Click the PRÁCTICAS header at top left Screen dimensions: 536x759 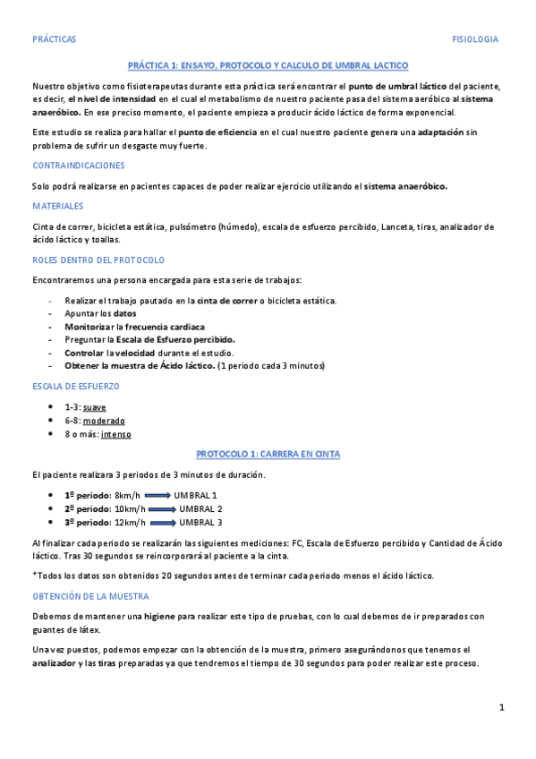[54, 39]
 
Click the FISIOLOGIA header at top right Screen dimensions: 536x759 [476, 39]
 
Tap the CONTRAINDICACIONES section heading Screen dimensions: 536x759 [78, 166]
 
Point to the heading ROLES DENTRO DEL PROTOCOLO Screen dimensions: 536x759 [98, 260]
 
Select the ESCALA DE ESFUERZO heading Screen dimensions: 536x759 [76, 387]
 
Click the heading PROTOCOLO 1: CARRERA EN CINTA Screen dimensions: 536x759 [268, 454]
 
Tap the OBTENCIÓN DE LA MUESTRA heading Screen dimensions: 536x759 [90, 595]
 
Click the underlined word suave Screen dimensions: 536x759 [94, 407]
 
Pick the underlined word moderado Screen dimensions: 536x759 [104, 421]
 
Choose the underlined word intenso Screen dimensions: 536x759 [115, 434]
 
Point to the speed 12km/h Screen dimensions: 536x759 [131, 522]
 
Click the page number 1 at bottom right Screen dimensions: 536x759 [502, 708]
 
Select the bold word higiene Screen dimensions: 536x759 [160, 616]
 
